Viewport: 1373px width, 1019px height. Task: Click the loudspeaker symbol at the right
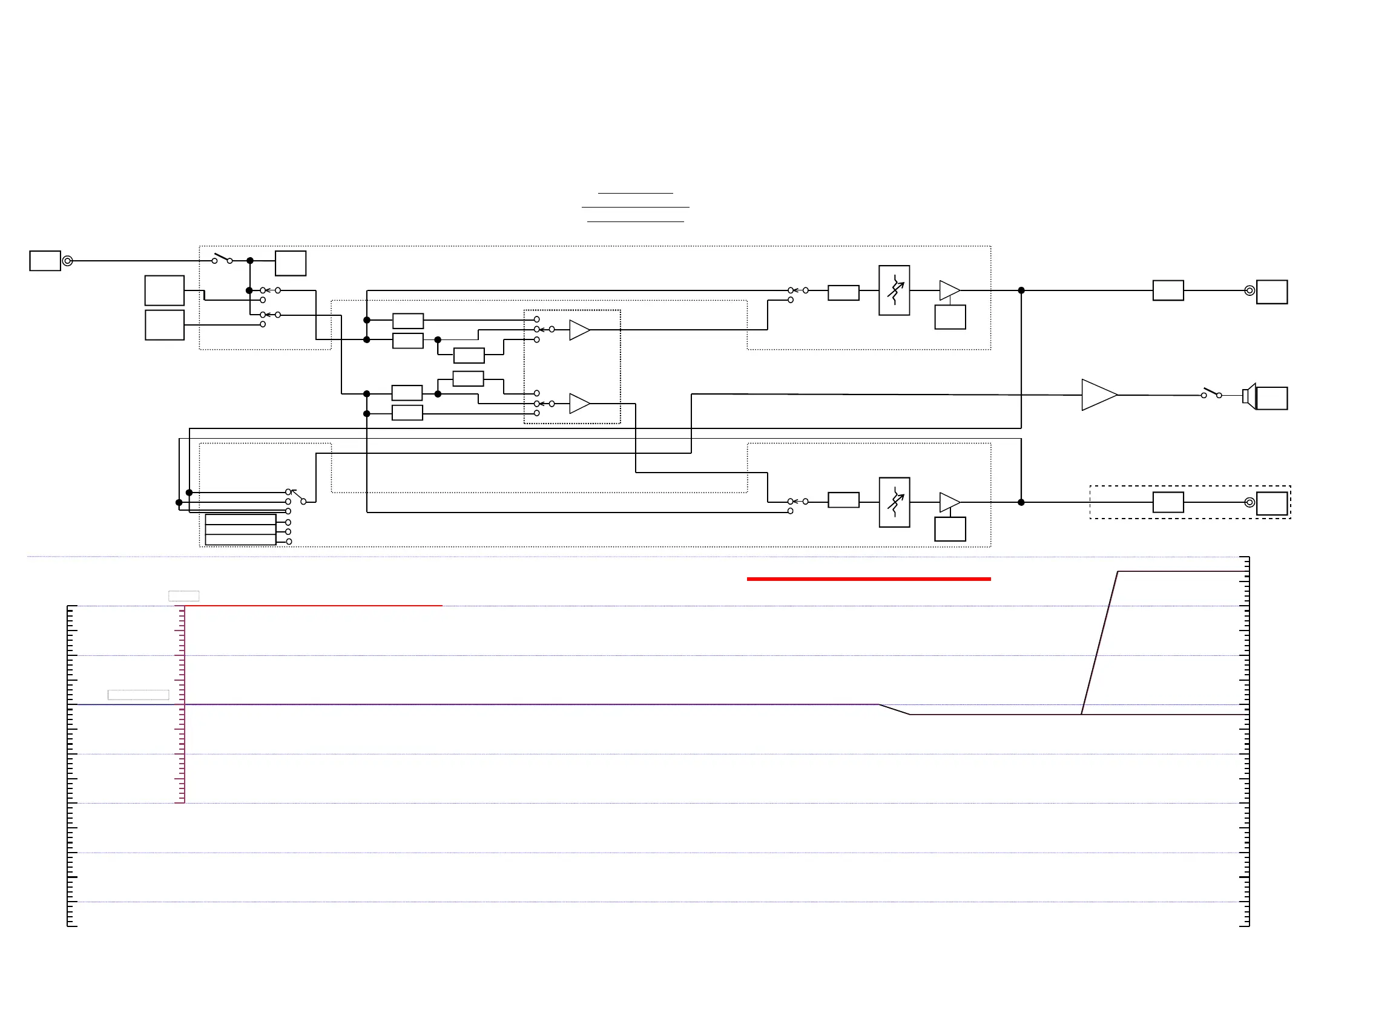[1249, 395]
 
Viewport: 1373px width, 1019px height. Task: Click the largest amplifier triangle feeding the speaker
[1098, 395]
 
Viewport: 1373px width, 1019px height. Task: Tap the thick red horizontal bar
[868, 579]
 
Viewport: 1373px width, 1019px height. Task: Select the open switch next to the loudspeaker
[1211, 393]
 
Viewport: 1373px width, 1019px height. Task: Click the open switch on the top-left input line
[222, 258]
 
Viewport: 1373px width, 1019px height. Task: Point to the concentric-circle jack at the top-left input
[68, 261]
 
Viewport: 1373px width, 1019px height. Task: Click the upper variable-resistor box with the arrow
[894, 290]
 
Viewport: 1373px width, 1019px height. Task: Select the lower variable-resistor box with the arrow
[894, 502]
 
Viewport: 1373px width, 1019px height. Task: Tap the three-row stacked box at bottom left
[240, 530]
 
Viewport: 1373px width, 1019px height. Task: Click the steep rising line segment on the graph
[1099, 643]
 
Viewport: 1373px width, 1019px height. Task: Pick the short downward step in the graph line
[894, 709]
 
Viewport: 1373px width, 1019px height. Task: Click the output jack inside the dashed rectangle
[1250, 502]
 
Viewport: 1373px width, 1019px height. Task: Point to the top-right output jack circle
[1250, 290]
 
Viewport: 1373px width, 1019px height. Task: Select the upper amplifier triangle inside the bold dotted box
[579, 330]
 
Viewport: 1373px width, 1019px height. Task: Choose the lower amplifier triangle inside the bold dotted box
[579, 404]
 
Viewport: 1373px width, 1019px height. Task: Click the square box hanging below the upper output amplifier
[950, 317]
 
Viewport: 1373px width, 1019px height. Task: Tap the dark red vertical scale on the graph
[183, 704]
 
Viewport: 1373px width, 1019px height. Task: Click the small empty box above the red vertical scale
[184, 596]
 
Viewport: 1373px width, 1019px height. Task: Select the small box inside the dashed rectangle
[1168, 502]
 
